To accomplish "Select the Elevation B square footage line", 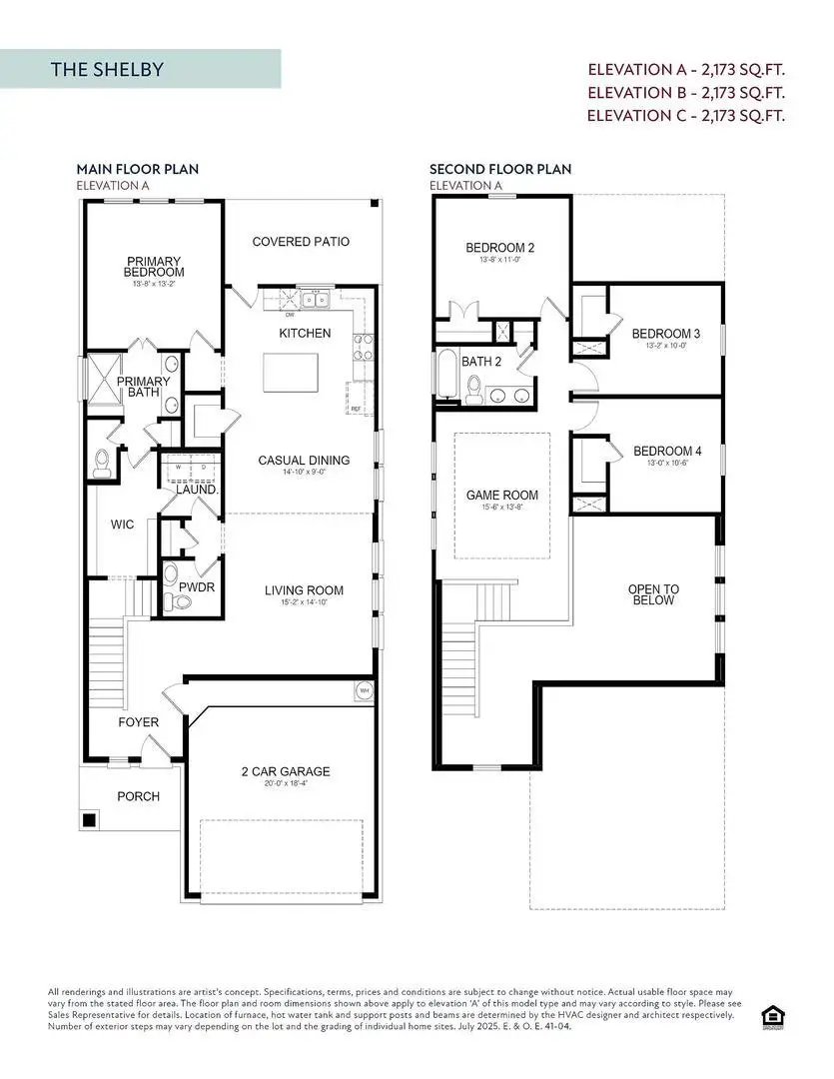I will click(x=685, y=93).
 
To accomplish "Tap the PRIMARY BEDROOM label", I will click(x=154, y=267).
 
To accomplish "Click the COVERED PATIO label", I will click(x=301, y=242).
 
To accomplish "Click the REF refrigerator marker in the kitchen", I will click(x=356, y=409).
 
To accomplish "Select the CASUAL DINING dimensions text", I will click(x=304, y=476).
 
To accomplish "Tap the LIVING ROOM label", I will click(x=304, y=590).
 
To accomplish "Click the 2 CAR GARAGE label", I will click(x=287, y=771).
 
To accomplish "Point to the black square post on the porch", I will click(x=89, y=820).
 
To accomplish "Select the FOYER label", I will click(x=139, y=722).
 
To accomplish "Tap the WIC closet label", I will click(x=122, y=525).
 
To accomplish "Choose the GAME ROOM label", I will click(x=501, y=495).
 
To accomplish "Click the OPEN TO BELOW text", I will click(x=653, y=595).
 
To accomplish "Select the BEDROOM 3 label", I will click(x=666, y=334).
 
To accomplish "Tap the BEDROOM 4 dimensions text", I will click(x=667, y=464).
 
